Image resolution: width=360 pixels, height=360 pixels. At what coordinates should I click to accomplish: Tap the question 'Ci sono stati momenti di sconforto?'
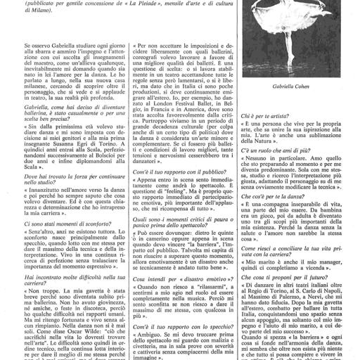[x=55, y=223]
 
